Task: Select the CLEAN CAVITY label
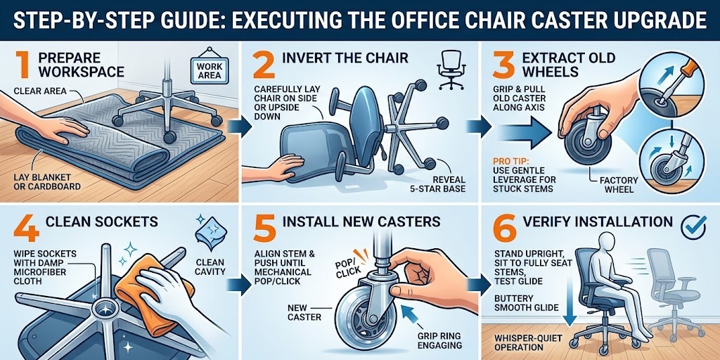click(210, 269)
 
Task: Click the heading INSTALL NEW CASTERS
click(361, 221)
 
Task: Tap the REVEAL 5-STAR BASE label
click(439, 183)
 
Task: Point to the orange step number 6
click(503, 224)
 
